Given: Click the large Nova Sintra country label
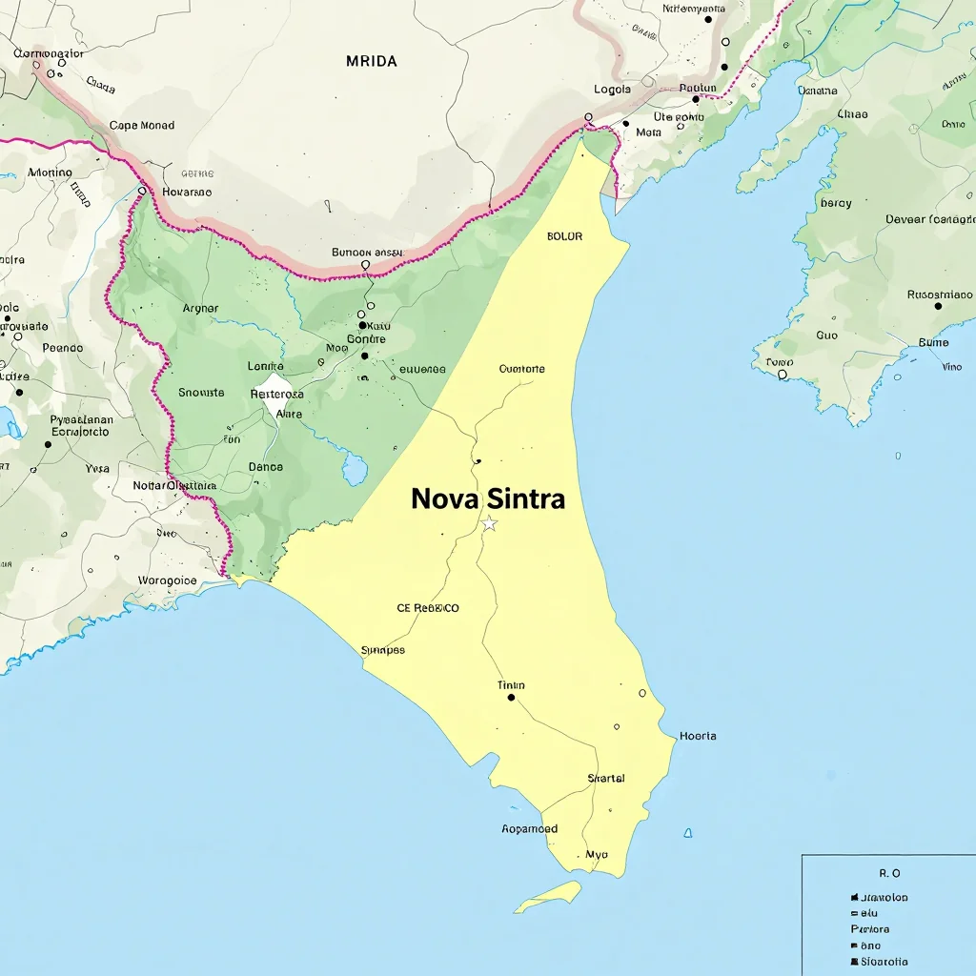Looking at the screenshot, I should point(488,498).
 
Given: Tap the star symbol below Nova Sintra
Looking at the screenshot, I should point(489,524).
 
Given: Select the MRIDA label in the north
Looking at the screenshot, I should point(372,61).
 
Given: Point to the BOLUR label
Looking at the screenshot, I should point(565,236).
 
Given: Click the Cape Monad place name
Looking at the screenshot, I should point(142,125).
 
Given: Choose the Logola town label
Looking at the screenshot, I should point(613,90).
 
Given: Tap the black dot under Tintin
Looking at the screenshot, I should point(512,698).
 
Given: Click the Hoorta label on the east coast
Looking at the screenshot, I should point(698,736).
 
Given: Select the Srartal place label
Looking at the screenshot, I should point(606,779).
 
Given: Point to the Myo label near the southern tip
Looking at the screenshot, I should point(597,855).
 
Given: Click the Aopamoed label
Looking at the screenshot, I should point(529,829).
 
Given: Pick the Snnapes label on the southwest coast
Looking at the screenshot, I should point(383,650).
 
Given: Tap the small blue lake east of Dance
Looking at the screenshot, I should point(355,469).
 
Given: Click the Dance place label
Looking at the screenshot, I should point(265,467).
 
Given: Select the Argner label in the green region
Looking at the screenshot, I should point(200,308).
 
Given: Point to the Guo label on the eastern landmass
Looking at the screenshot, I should point(826,335).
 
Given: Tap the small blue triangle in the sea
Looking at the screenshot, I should point(687,834).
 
